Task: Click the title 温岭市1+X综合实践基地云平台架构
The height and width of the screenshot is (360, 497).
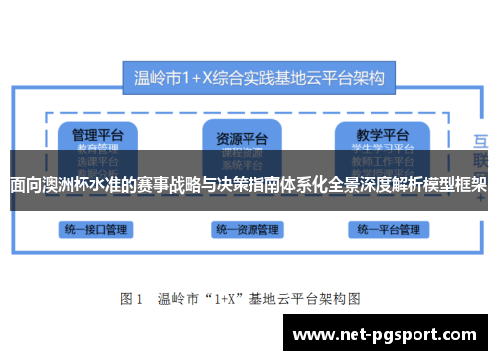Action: (x=259, y=75)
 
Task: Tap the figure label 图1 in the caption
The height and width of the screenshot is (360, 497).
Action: (x=132, y=297)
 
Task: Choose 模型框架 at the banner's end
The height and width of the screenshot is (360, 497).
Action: (x=456, y=184)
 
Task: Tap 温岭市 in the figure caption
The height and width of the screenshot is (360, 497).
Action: (x=179, y=297)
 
